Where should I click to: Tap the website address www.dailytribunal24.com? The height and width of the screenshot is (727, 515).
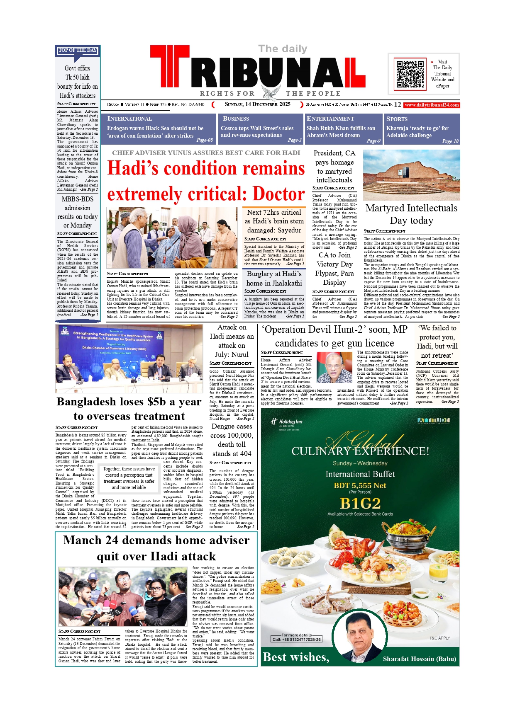point(432,105)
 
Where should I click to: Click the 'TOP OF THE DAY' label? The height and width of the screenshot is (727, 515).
point(78,50)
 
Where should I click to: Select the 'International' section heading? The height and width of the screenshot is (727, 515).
point(129,119)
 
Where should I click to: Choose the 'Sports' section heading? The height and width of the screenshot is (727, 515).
point(397,119)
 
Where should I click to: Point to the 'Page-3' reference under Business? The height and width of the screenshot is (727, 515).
point(294,140)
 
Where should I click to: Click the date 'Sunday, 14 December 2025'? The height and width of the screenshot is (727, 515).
point(257,104)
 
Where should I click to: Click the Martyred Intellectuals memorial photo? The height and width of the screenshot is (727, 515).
point(411,175)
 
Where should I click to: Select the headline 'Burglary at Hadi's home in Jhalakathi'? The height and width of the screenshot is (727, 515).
point(274,279)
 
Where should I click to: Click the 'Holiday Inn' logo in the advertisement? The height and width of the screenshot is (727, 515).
point(286,422)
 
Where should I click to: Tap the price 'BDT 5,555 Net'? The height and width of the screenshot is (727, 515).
point(360,485)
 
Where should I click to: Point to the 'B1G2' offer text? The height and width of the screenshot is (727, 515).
point(360,503)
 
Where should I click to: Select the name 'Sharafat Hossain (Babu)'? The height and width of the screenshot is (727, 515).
point(419,659)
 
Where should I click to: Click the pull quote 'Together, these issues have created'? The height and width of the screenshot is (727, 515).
point(129,478)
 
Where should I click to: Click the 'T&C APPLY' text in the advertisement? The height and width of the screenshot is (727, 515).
point(439,638)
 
